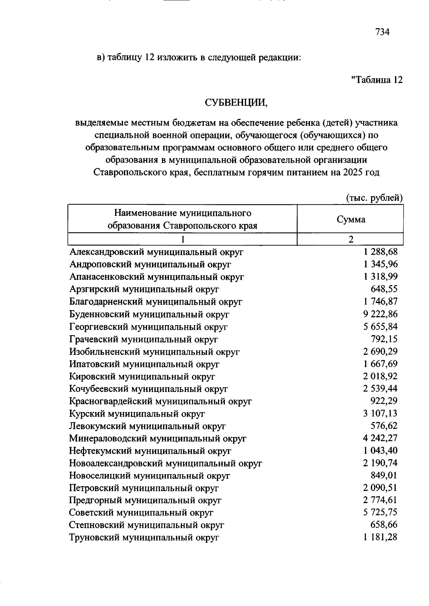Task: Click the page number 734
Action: click(x=382, y=32)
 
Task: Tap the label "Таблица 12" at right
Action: click(x=377, y=80)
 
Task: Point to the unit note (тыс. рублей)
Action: click(x=374, y=198)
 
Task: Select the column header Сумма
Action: click(x=351, y=219)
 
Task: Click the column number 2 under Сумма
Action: click(x=351, y=239)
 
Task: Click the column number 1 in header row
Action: click(x=183, y=239)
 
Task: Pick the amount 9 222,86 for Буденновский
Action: click(x=380, y=314)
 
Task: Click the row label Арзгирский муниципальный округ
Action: click(x=144, y=289)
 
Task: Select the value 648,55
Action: click(x=384, y=289)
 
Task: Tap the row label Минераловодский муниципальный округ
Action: click(x=158, y=438)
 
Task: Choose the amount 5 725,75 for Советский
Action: click(x=380, y=513)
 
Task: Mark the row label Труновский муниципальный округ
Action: click(x=144, y=537)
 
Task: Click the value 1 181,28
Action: click(x=380, y=537)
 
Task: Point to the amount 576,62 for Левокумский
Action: click(x=384, y=426)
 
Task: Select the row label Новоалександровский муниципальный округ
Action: click(x=166, y=463)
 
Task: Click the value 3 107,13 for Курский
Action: click(x=380, y=413)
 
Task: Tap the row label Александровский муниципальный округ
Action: click(x=156, y=252)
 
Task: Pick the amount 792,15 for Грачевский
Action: click(x=384, y=339)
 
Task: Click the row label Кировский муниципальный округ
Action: click(x=142, y=376)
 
